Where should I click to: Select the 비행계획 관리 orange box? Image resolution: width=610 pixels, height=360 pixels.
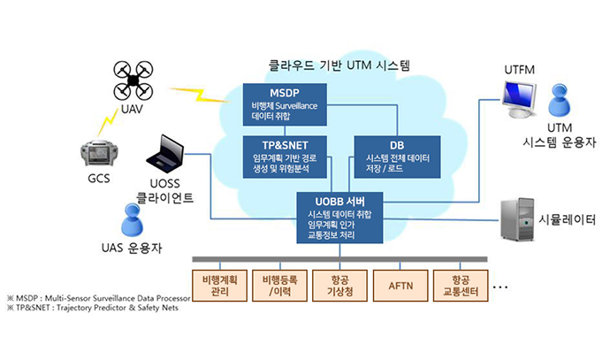pyautogui.click(x=219, y=284)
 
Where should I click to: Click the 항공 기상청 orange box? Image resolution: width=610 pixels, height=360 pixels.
pyautogui.click(x=340, y=284)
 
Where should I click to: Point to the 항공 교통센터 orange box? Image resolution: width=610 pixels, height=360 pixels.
pyautogui.click(x=461, y=284)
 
